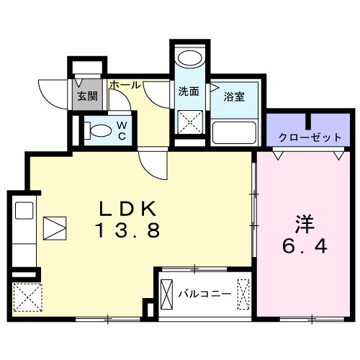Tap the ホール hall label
click(125, 85)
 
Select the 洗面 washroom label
click(189, 91)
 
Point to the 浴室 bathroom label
click(233, 96)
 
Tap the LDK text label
click(127, 210)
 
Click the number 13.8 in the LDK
click(127, 232)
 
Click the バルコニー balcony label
click(205, 294)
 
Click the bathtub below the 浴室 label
click(234, 132)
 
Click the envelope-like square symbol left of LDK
click(55, 229)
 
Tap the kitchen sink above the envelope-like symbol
click(23, 211)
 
